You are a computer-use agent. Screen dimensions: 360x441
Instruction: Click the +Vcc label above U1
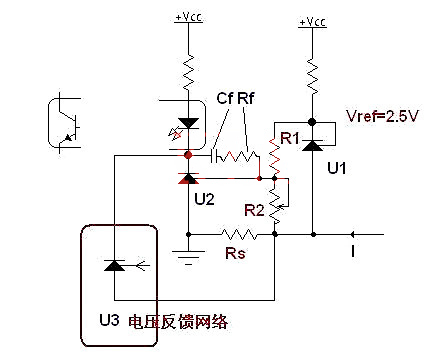tap(312, 21)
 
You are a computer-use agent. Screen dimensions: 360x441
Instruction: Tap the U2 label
tap(204, 199)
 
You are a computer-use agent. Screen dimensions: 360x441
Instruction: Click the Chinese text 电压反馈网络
tap(201, 322)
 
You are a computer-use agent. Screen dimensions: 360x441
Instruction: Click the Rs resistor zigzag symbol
tap(240, 235)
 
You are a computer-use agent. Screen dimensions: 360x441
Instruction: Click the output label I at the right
tap(351, 251)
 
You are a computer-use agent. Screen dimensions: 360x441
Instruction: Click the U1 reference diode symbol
tap(312, 144)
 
